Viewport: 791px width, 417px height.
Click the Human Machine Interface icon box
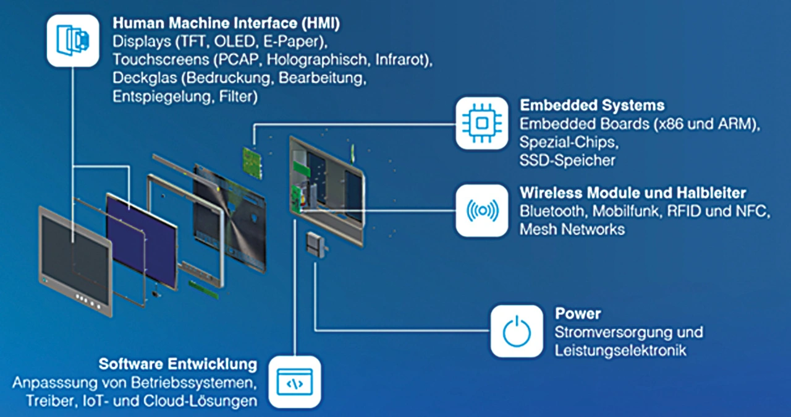point(73,41)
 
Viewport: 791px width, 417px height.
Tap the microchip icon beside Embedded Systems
point(481,123)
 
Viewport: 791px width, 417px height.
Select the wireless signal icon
point(481,210)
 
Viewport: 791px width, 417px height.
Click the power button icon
point(517,332)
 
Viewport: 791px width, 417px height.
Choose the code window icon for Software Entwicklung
point(295,382)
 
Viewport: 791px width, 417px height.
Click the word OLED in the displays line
point(235,41)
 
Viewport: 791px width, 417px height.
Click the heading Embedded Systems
point(592,105)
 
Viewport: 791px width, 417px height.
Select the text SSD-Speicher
point(567,160)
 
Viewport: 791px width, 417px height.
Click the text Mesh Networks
point(572,230)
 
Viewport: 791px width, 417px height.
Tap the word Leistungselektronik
point(620,351)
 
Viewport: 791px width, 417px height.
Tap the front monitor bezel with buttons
point(75,262)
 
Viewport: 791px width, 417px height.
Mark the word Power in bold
point(578,314)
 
